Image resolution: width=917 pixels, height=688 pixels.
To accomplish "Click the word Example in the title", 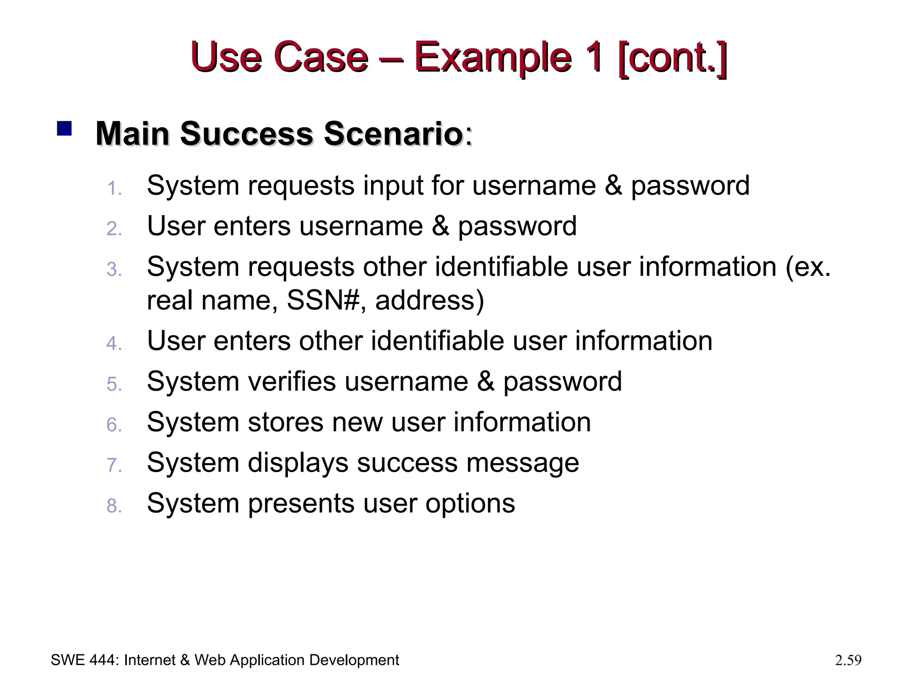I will [493, 57].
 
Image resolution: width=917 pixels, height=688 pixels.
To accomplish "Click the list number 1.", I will [114, 189].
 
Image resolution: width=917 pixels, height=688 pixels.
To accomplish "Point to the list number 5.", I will [114, 384].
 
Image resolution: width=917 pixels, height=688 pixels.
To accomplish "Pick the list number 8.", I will [114, 506].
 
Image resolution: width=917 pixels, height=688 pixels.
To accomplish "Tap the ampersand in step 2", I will [440, 226].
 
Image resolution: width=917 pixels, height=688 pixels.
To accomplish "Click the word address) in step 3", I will [429, 300].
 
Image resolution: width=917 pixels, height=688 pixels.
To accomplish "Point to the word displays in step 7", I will [298, 463].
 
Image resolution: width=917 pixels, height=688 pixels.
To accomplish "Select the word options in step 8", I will [470, 503].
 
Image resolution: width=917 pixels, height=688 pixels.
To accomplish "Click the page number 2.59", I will [848, 660].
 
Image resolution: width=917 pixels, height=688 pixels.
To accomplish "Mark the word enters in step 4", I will [252, 341].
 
